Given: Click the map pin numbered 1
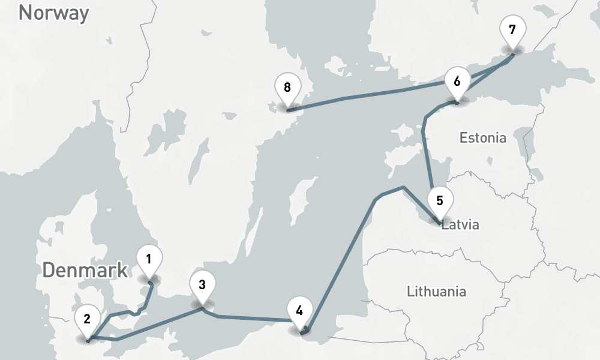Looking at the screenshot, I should click(149, 260).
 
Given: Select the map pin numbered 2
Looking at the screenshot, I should click(87, 319).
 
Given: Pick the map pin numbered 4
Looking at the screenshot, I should click(299, 311).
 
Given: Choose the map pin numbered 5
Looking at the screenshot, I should click(440, 201).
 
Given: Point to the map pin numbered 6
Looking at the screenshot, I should click(457, 82).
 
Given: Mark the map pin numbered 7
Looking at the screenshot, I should click(512, 30).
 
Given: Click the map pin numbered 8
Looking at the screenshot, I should click(287, 88).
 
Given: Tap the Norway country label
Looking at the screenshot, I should click(53, 13).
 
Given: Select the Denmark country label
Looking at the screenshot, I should click(85, 270).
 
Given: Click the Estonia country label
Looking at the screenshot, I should click(482, 138).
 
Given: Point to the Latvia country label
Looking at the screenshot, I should click(460, 226).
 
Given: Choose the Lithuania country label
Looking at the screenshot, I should click(436, 292).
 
